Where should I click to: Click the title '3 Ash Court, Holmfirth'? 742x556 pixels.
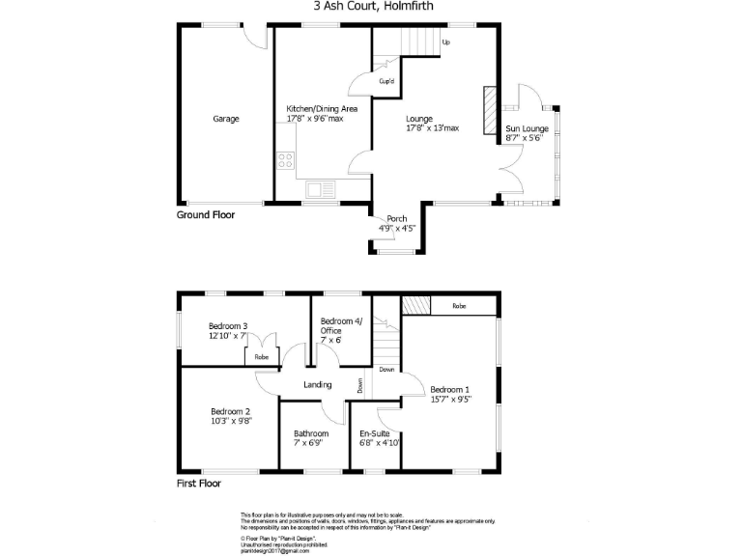click(x=371, y=6)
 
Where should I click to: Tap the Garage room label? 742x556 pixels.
click(x=226, y=119)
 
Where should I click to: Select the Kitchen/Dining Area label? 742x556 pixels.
click(x=323, y=109)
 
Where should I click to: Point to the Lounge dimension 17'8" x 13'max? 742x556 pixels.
click(x=432, y=127)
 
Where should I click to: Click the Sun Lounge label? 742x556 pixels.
click(x=528, y=128)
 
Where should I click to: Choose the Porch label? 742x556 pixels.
click(x=396, y=218)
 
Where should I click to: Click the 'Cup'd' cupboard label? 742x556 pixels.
click(x=386, y=81)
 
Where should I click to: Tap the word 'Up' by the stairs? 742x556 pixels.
click(x=446, y=42)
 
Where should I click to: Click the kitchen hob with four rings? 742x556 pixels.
click(x=286, y=160)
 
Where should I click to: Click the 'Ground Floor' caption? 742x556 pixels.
click(x=205, y=215)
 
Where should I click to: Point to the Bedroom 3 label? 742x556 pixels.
click(x=229, y=326)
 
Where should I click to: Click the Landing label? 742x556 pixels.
click(x=318, y=385)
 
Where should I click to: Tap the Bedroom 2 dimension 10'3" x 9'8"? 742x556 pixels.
click(x=231, y=421)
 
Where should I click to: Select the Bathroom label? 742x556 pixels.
click(x=311, y=434)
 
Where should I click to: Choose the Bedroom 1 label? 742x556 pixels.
click(x=451, y=389)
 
